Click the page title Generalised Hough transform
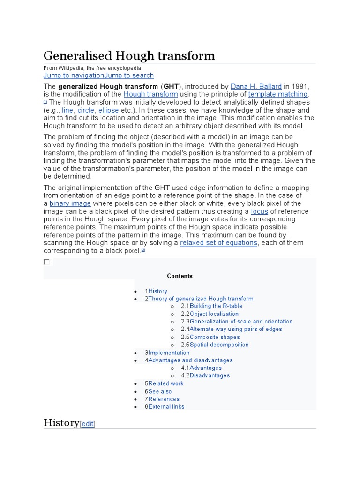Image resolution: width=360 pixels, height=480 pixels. pyautogui.click(x=129, y=56)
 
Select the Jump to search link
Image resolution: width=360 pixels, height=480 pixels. pyautogui.click(x=129, y=75)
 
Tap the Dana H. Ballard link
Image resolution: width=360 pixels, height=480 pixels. pyautogui.click(x=256, y=86)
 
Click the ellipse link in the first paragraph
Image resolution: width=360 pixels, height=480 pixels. pyautogui.click(x=108, y=110)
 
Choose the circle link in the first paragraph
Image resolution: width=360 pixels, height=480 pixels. pyautogui.click(x=86, y=110)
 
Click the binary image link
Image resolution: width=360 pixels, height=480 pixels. pyautogui.click(x=70, y=203)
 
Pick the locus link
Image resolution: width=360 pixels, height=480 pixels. pyautogui.click(x=259, y=211)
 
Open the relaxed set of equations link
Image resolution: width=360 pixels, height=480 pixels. pyautogui.click(x=218, y=243)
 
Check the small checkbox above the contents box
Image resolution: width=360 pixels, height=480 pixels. pyautogui.click(x=46, y=262)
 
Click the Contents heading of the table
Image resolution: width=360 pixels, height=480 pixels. pyautogui.click(x=180, y=276)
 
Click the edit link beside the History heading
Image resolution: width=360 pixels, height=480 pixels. pyautogui.click(x=88, y=424)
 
